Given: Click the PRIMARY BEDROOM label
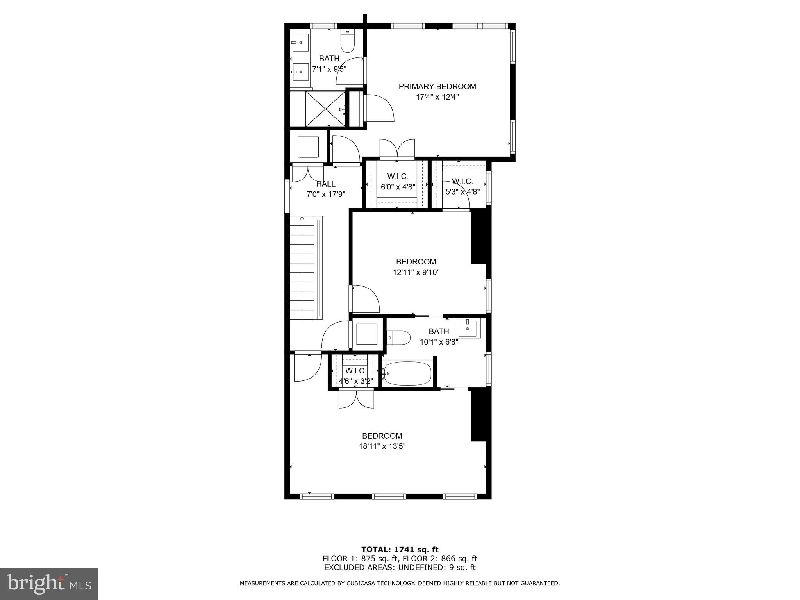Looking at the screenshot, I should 437,86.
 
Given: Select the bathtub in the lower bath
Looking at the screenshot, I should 407,373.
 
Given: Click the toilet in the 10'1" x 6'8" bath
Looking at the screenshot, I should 399,337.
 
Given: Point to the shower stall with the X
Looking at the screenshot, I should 325,109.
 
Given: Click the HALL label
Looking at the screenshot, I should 325,184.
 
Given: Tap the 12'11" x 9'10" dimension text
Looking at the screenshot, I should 416,272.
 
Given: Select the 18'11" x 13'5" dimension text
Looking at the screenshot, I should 382,446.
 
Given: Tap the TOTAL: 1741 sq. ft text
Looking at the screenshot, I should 400,550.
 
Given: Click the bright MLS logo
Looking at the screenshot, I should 48,584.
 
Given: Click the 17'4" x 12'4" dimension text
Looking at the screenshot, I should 437,97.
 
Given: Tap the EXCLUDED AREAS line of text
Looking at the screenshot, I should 400,568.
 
